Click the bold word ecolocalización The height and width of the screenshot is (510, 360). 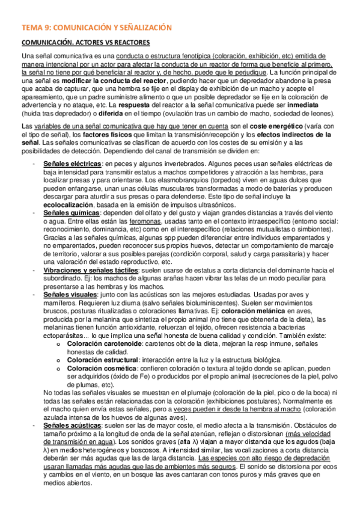click(x=76, y=204)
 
